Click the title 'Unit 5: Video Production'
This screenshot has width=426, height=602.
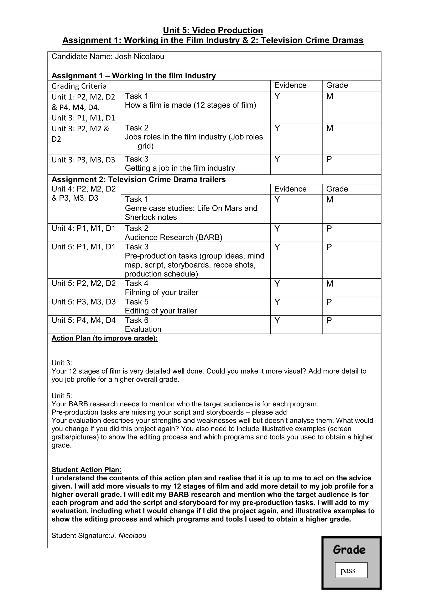point(213,30)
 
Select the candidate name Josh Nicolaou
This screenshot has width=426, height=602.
point(140,57)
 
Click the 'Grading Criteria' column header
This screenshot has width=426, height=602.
point(79,86)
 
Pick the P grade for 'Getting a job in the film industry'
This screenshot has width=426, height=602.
point(329,159)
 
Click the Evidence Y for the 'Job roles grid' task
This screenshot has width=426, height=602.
point(277,128)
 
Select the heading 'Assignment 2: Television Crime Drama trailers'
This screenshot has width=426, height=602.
point(139,180)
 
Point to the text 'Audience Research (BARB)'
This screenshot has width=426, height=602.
point(173,238)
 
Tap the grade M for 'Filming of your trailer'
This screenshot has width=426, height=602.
point(330,284)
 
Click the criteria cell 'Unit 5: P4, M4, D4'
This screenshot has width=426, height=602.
point(83,320)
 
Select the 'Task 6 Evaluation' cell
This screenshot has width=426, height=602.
point(143,325)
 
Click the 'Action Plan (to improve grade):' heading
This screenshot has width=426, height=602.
point(105,338)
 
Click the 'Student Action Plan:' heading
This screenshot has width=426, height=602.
point(87,470)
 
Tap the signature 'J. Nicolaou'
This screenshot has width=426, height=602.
point(128,536)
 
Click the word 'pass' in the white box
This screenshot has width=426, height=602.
point(348,571)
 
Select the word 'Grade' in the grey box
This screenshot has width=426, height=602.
point(349,550)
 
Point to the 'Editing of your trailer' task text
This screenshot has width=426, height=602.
point(161,311)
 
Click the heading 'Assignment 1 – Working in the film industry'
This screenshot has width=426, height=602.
point(134,76)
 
